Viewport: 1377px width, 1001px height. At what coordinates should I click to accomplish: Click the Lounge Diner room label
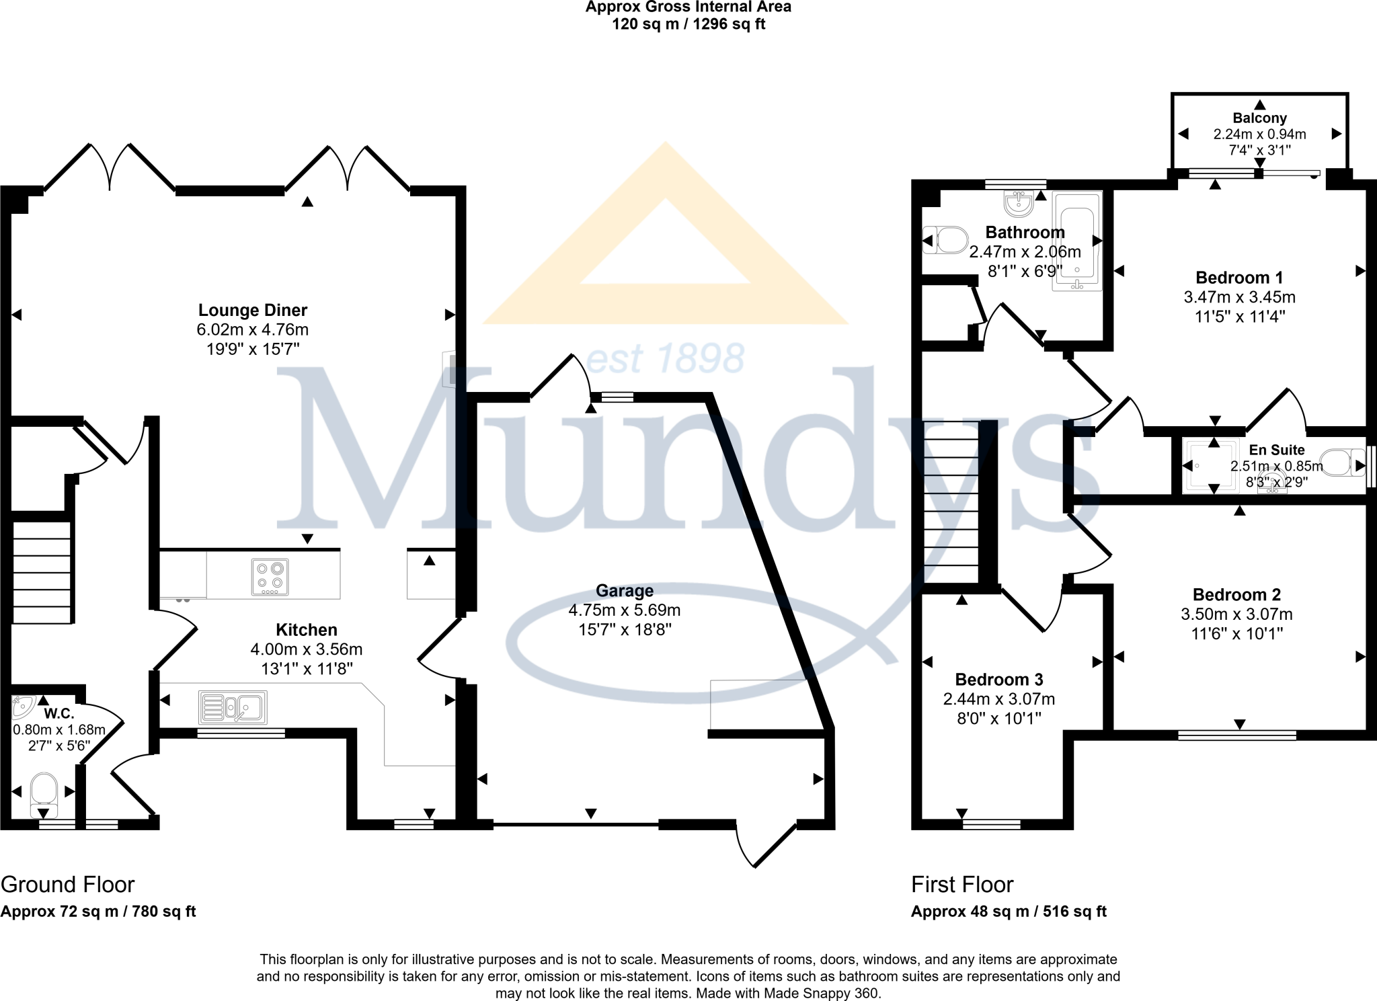(x=252, y=311)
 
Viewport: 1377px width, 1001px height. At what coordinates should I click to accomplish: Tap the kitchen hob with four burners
(x=270, y=577)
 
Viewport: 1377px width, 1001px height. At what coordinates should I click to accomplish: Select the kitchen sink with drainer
(x=233, y=707)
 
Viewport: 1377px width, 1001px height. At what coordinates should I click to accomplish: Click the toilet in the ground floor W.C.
(x=44, y=793)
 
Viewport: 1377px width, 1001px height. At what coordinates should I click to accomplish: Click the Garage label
(x=625, y=591)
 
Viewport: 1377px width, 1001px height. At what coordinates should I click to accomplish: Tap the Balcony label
(x=1259, y=118)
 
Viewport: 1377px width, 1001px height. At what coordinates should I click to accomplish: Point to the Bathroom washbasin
(x=1019, y=203)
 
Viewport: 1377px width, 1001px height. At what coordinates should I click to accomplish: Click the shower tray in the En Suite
(x=1210, y=465)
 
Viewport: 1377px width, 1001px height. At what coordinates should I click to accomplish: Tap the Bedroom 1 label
(x=1239, y=278)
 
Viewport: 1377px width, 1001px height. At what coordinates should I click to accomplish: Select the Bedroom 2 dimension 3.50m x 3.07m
(x=1236, y=614)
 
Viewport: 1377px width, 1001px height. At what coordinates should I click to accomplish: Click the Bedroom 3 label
(x=998, y=680)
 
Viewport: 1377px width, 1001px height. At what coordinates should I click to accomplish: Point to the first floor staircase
(x=951, y=502)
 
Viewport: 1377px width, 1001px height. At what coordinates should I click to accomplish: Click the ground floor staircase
(x=42, y=572)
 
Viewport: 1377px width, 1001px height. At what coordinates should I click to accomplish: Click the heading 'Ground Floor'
(x=68, y=885)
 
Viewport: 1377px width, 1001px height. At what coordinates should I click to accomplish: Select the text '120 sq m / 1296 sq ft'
(x=688, y=25)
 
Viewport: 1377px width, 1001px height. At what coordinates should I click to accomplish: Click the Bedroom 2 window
(x=1237, y=735)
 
